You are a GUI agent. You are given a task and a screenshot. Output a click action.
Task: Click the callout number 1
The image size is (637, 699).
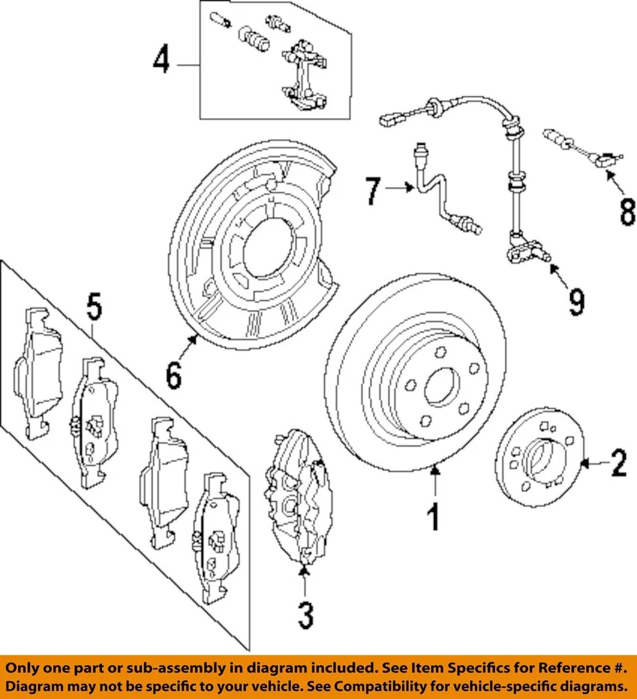coord(433,518)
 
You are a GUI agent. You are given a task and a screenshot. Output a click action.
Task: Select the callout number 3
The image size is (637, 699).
coord(306,615)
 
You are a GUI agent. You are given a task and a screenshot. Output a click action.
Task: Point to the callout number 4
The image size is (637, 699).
coord(161,60)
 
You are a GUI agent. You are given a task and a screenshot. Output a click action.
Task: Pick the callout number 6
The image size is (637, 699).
coord(173,376)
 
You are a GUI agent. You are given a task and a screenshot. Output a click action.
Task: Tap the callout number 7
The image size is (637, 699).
coord(373,191)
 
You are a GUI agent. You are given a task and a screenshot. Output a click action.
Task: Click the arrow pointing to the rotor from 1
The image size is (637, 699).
coord(435,481)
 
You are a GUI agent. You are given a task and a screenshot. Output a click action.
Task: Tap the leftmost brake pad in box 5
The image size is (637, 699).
coord(38,371)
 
